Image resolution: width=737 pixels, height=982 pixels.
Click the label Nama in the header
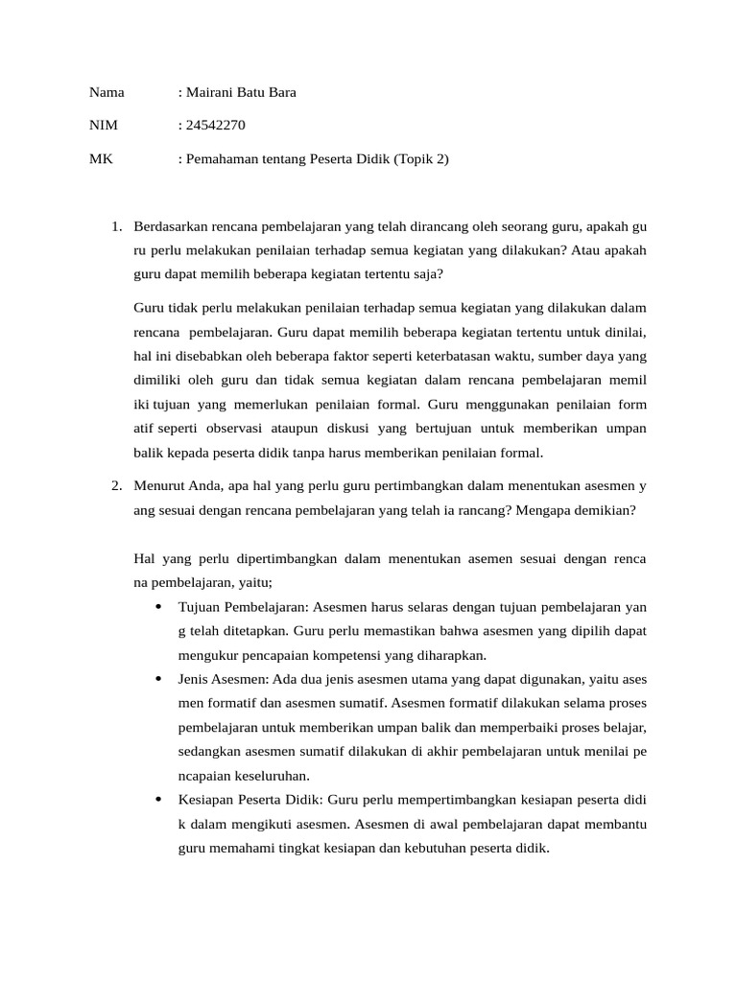point(107,93)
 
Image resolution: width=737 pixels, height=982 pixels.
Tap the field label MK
point(101,159)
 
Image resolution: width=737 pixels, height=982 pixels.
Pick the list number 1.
point(115,227)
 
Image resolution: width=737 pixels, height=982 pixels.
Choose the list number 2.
point(115,486)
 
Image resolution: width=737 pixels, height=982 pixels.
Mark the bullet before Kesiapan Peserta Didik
point(157,799)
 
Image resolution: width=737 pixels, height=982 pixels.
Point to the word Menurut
point(158,486)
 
